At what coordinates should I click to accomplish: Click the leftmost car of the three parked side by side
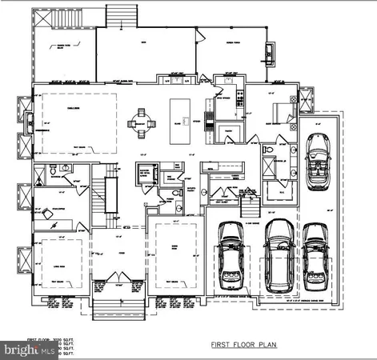click(x=231, y=252)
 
